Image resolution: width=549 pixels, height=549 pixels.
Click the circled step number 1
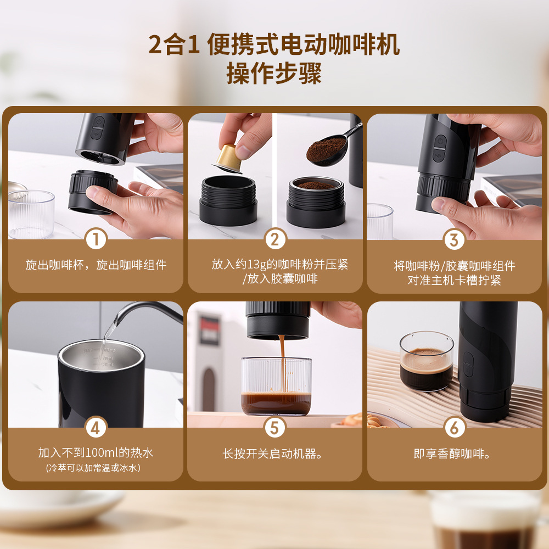coord(96,239)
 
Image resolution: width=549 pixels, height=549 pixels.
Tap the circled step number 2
coord(275,239)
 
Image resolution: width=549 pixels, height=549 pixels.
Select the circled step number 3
coord(454,240)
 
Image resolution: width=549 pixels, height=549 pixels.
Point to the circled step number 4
coord(96,427)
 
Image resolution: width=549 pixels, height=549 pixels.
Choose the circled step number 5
coord(275,427)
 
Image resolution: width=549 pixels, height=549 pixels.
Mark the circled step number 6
coord(454,427)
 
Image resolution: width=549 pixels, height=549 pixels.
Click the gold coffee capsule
coord(228,159)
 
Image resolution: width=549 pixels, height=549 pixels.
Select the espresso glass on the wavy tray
coord(427,361)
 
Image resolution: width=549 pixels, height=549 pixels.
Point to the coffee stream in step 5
coord(283,364)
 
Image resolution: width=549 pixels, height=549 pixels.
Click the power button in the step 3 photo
coord(440,142)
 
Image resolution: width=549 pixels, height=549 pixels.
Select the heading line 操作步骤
coord(274,73)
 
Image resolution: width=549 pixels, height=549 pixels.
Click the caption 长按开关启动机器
coord(272,454)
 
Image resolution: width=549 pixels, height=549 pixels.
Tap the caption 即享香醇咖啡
coord(452,454)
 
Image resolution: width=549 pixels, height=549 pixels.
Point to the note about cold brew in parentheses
coord(93,468)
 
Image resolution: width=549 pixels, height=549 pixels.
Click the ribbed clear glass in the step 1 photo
coord(31,214)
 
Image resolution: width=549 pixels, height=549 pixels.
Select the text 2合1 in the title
coord(175,45)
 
